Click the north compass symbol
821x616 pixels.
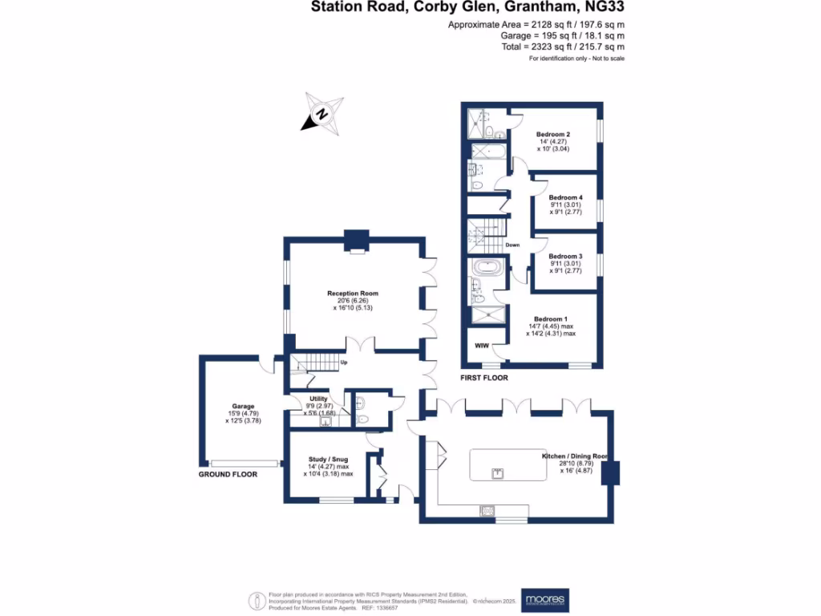(322, 113)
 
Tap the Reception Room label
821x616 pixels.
(353, 294)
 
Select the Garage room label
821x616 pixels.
(243, 406)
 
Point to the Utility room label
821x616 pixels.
(319, 398)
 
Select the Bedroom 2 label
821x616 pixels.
(552, 134)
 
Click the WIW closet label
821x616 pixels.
(482, 346)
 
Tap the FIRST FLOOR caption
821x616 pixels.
(484, 377)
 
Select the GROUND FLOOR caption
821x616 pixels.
(228, 475)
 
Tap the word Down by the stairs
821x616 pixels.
(512, 245)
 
